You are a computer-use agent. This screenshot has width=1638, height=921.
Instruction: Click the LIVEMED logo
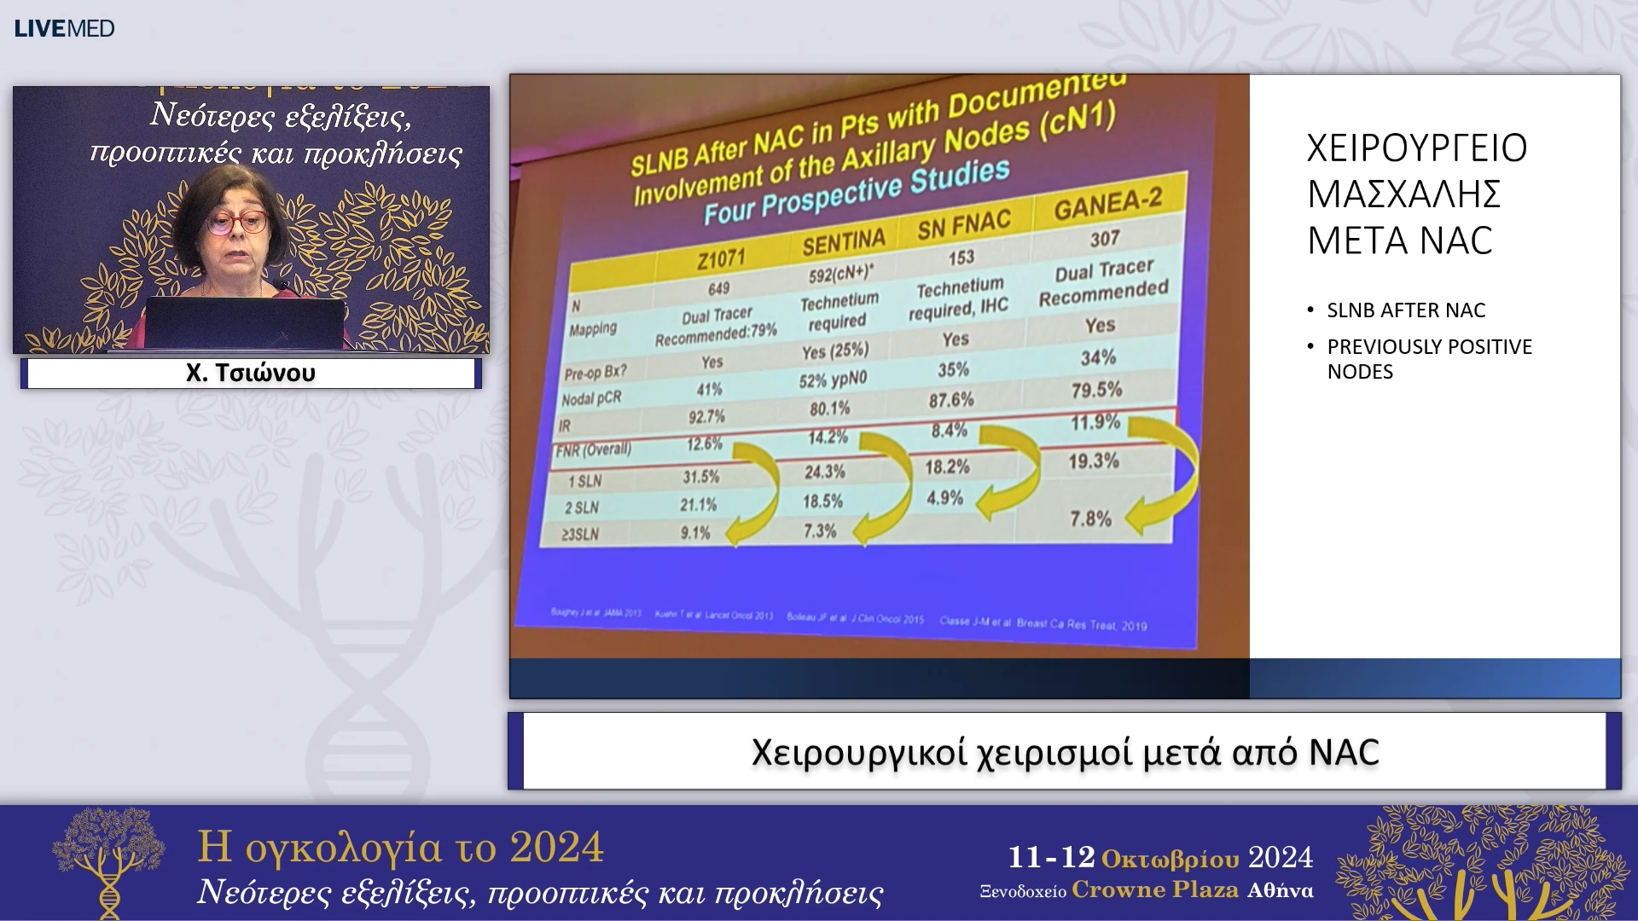pos(64,28)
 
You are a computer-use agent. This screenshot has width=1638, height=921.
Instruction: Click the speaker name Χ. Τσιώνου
pos(251,373)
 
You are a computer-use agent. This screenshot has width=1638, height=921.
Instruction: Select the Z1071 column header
pos(721,258)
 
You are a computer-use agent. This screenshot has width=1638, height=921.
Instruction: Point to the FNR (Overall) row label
pos(594,449)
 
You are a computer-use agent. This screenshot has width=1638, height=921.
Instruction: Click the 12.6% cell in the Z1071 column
pos(704,444)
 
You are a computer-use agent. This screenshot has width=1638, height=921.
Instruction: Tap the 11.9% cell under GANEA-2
pos(1095,422)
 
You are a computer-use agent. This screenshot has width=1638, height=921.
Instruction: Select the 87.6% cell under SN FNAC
pos(951,400)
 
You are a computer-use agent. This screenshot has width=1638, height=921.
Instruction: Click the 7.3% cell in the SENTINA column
pos(819,531)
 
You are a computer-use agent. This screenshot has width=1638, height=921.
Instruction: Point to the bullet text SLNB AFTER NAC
pos(1406,310)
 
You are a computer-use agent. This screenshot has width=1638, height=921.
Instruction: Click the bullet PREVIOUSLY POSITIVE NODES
pos(1429,359)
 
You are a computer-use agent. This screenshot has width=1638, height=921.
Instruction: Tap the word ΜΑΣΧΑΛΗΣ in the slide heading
pos(1403,194)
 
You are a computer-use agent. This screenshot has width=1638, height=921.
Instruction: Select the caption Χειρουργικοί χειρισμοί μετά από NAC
pos(1065,752)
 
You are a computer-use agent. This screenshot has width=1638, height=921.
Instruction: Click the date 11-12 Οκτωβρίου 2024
pos(1160,857)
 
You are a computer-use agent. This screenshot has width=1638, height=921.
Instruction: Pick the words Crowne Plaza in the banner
pos(1155,889)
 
